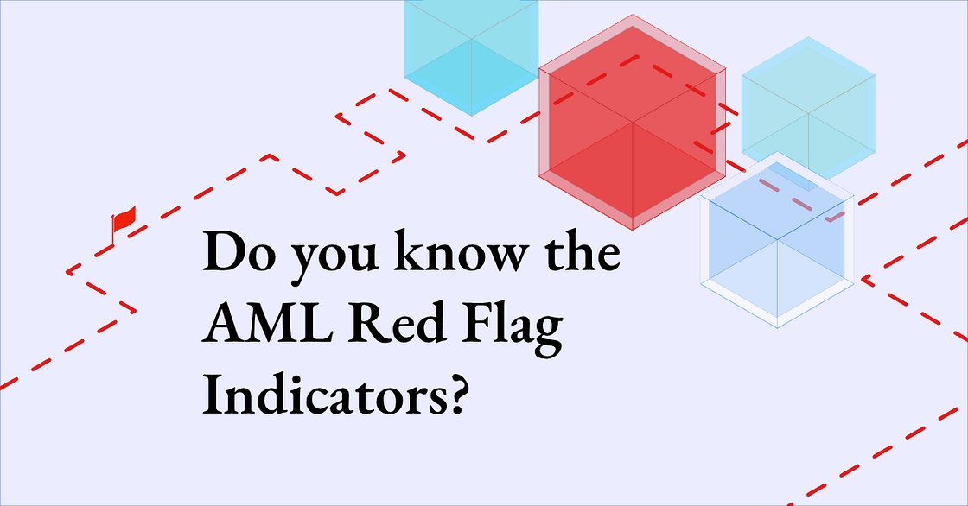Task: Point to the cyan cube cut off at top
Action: tap(471, 52)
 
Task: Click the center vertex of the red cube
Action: tap(632, 123)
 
